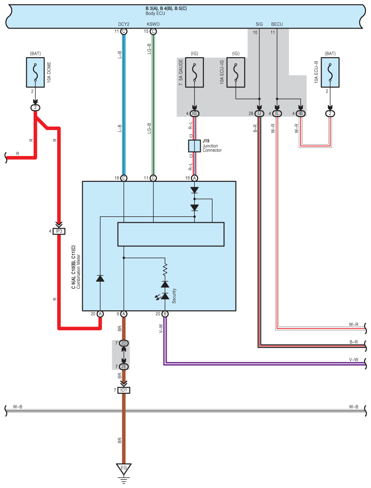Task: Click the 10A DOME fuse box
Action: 35,72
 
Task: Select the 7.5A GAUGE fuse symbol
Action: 194,72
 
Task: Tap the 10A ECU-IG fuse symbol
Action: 236,72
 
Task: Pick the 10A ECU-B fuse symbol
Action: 330,72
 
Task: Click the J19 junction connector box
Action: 194,146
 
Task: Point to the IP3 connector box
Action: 59,231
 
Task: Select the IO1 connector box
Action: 124,390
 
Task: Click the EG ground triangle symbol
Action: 124,468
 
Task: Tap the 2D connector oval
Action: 124,343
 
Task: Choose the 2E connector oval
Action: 124,366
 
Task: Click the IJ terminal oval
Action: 259,113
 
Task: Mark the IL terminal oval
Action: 277,113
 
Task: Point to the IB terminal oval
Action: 301,113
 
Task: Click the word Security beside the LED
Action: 174,296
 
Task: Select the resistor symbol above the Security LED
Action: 165,269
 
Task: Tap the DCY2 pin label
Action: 124,24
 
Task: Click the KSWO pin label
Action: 153,24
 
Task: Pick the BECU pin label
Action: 277,24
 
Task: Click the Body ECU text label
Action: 155,14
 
